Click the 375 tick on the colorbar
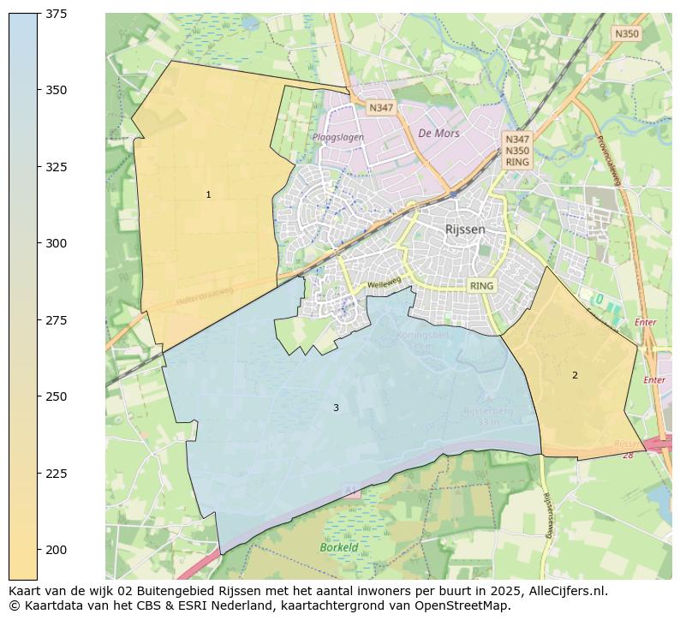57,15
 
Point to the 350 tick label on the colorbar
57,90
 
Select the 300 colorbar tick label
57,243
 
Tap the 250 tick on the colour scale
57,396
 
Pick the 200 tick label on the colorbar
57,550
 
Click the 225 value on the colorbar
57,474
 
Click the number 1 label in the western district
208,195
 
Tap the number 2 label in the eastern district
575,375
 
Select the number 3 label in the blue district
336,408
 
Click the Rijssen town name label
465,230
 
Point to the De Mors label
438,134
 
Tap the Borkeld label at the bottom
338,547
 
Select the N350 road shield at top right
626,33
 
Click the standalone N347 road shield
380,108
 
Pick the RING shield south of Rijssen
482,285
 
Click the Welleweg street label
384,283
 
